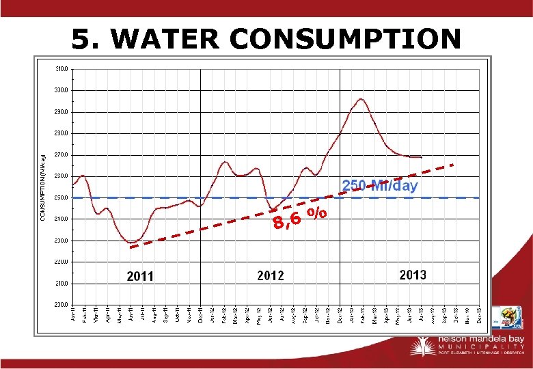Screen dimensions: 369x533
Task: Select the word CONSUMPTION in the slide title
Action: pos(345,39)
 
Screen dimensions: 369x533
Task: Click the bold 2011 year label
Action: pos(140,276)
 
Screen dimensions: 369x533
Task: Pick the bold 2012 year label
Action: pos(271,275)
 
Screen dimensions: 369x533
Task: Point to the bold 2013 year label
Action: pos(413,275)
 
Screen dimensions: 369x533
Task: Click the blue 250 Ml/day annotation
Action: pos(380,185)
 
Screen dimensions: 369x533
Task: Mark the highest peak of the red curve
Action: pos(361,99)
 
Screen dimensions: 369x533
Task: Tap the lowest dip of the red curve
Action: pos(131,242)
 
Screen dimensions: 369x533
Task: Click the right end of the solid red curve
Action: pos(421,157)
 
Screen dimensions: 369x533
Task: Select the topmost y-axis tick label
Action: pos(61,68)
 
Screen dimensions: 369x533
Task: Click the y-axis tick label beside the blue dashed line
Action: pos(61,197)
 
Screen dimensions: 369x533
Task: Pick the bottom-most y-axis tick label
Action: pos(61,305)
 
